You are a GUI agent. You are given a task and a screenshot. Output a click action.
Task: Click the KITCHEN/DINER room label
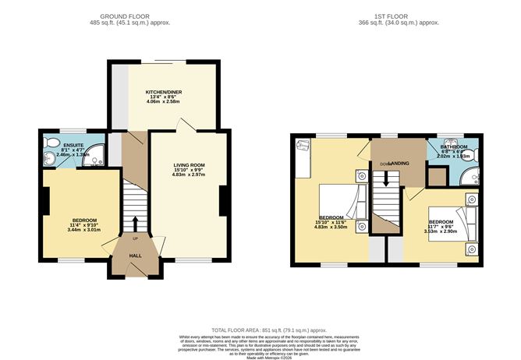pyautogui.click(x=163, y=93)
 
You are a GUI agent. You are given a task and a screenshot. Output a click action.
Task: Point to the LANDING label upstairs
pyautogui.click(x=399, y=162)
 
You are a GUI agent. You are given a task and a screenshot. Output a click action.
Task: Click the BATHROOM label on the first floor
pyautogui.click(x=453, y=146)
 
